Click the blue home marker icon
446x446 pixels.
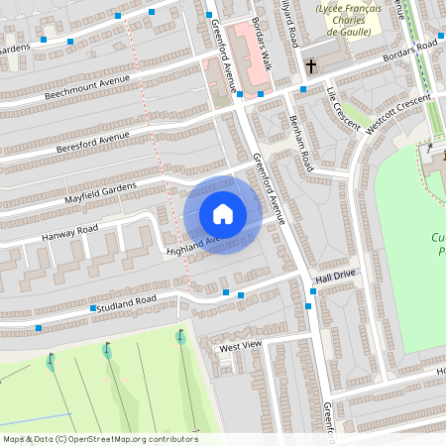coord(223,214)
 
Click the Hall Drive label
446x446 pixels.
coord(334,280)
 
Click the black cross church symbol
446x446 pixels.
coord(311,66)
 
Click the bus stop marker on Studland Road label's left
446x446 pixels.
coord(93,309)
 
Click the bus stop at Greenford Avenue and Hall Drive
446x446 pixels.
coord(309,305)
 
